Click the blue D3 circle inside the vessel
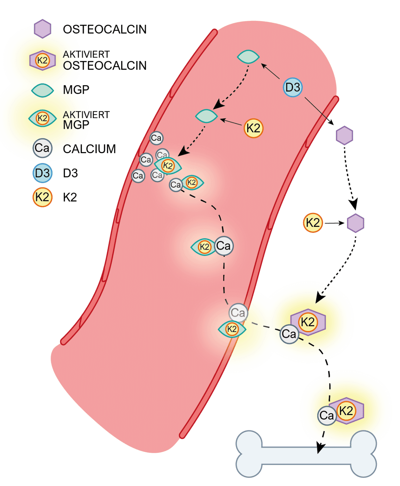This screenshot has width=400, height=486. (x=292, y=87)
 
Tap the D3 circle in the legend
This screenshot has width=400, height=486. (x=42, y=173)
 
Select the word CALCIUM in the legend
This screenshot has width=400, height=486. (x=89, y=149)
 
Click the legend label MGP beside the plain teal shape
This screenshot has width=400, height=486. (x=76, y=90)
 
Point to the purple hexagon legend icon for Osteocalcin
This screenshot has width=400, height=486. (x=43, y=29)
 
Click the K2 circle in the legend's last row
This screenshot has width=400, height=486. (x=42, y=197)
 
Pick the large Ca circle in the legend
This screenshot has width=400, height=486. (x=42, y=148)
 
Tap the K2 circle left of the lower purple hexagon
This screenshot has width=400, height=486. (x=313, y=223)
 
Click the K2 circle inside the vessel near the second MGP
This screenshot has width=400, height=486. (x=253, y=128)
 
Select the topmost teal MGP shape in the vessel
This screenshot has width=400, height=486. (x=248, y=57)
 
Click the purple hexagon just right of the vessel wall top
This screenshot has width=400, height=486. (x=344, y=135)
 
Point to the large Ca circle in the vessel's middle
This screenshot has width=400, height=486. (x=224, y=246)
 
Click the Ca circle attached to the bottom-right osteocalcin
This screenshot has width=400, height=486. (x=327, y=415)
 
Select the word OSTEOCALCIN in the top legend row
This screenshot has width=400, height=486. (x=105, y=29)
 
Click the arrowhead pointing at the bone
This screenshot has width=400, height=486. (x=320, y=448)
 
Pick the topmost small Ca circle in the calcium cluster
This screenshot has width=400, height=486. (x=156, y=138)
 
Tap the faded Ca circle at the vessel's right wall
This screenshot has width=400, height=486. (x=238, y=313)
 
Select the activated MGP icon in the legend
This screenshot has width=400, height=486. (x=42, y=118)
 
